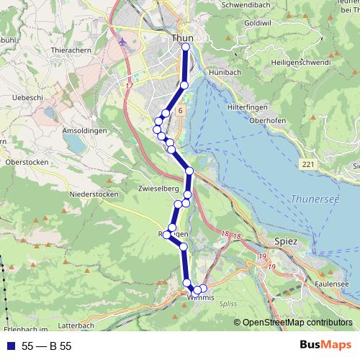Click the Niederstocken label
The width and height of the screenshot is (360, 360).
click(x=93, y=194)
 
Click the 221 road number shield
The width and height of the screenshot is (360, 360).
click(x=309, y=165)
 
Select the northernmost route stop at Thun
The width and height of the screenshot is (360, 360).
click(x=186, y=47)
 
